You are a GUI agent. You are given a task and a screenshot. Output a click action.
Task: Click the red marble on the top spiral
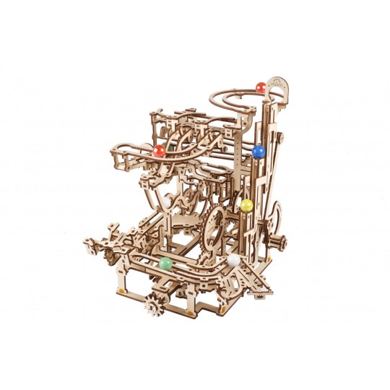[x=259, y=89]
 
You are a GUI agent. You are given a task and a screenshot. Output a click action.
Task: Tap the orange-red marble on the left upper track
[x=159, y=151]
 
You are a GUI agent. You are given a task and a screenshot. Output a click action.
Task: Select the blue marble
[x=259, y=152]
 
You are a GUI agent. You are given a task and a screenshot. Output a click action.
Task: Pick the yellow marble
[x=247, y=205]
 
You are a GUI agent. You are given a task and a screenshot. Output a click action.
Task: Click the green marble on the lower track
[x=165, y=264]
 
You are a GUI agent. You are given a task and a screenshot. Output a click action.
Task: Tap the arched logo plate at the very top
[x=278, y=85]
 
